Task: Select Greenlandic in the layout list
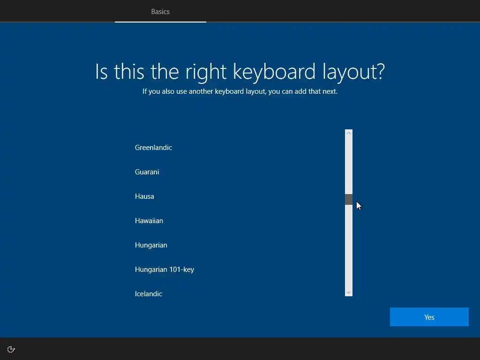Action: coord(153,148)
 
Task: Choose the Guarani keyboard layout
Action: coord(147,172)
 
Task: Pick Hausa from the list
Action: coord(144,196)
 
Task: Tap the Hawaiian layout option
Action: coord(149,221)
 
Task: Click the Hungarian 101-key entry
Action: coord(165,270)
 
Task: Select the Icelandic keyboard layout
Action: coord(149,294)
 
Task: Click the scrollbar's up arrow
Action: coord(349,133)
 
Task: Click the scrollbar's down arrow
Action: coord(349,292)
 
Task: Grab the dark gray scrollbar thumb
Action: coord(349,199)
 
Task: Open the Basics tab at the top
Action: coord(160,12)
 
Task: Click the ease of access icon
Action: coord(11,349)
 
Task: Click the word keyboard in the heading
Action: coord(274,72)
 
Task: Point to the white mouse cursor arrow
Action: coord(359,206)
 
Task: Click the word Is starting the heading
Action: coord(101,72)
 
